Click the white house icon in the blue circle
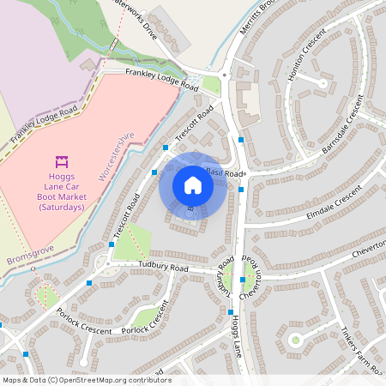[193, 185]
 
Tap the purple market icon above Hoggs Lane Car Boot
[61, 161]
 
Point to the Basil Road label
[223, 172]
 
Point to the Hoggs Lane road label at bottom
[234, 338]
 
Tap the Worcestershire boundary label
[117, 156]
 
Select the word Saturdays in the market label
[61, 207]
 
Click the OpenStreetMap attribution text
[86, 380]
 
